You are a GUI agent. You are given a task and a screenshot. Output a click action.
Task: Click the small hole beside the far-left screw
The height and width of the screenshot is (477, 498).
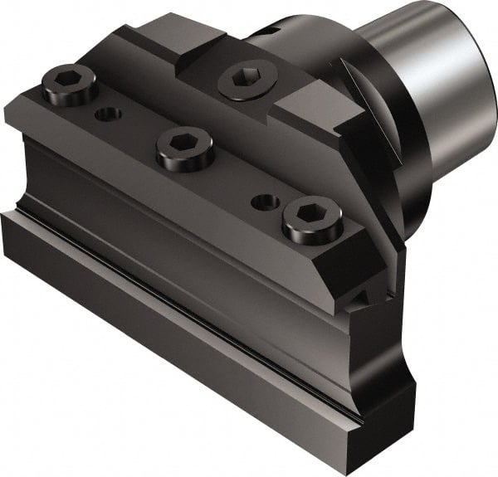(106, 114)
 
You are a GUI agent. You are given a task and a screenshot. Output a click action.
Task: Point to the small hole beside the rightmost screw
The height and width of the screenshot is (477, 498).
(265, 202)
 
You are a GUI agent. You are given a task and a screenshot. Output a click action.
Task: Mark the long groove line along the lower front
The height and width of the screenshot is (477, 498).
(166, 274)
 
